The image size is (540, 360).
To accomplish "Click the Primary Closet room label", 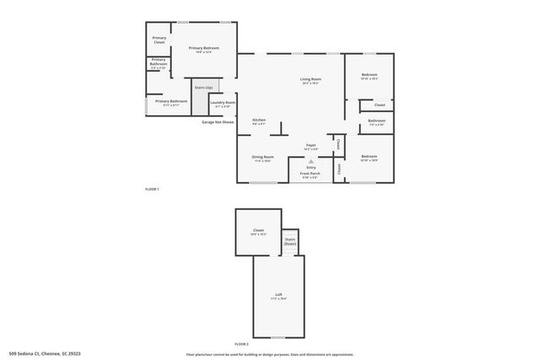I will pyautogui.click(x=159, y=40).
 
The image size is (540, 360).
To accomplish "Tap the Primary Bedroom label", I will pyautogui.click(x=204, y=49).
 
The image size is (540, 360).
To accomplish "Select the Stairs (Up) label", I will pyautogui.click(x=203, y=88).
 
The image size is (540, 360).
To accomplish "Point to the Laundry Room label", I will pyautogui.click(x=223, y=104).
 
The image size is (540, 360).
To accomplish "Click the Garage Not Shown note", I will pyautogui.click(x=217, y=122).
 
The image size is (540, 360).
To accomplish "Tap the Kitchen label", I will pyautogui.click(x=259, y=121).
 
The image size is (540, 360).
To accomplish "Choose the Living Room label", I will pyautogui.click(x=310, y=81).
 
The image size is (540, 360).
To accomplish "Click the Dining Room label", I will pyautogui.click(x=262, y=158).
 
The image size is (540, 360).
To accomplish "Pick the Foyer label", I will pyautogui.click(x=310, y=146).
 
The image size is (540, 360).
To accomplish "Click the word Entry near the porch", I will pyautogui.click(x=310, y=168).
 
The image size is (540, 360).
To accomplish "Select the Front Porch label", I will pyautogui.click(x=310, y=175).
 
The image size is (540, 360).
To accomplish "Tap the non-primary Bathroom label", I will pyautogui.click(x=376, y=122).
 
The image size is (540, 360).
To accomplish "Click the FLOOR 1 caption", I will pyautogui.click(x=152, y=190).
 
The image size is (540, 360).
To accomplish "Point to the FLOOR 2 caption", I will pyautogui.click(x=242, y=344).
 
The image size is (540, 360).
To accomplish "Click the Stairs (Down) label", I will pyautogui.click(x=290, y=241).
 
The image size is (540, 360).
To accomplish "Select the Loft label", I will pyautogui.click(x=278, y=294).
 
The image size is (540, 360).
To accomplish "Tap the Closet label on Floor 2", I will pyautogui.click(x=258, y=231).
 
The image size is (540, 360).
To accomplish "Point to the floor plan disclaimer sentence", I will pyautogui.click(x=268, y=354).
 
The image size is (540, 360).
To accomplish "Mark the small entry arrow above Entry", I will pyautogui.click(x=310, y=160).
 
